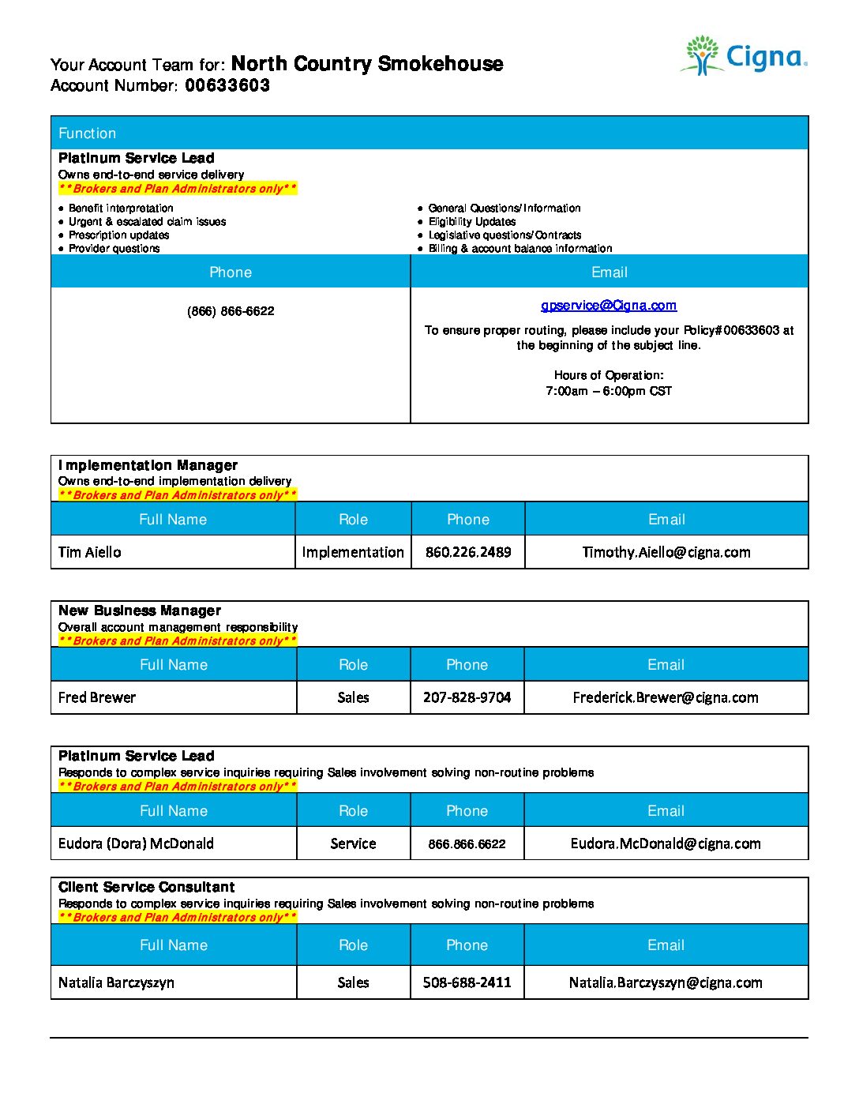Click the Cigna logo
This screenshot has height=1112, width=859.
(743, 56)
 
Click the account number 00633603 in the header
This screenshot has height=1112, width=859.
(227, 85)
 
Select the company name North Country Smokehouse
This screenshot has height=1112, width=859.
(367, 64)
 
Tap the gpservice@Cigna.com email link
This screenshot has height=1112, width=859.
(609, 306)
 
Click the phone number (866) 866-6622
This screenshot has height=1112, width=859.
(231, 311)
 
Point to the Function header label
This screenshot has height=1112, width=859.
(87, 133)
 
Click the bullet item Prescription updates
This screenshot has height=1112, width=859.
(118, 235)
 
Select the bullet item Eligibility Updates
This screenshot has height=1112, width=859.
(471, 222)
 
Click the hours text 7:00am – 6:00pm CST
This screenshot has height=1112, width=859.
(609, 391)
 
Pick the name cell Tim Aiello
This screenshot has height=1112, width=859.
(90, 552)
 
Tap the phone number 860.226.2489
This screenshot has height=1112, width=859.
(468, 552)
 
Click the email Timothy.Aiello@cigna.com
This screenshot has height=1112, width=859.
(666, 552)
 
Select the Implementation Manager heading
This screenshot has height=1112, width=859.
(148, 465)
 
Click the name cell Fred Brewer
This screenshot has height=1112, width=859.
(97, 697)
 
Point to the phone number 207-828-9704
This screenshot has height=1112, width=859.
(467, 697)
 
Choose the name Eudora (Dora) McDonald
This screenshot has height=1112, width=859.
(136, 843)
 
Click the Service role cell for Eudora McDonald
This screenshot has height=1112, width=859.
(353, 843)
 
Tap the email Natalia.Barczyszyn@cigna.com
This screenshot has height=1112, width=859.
(666, 982)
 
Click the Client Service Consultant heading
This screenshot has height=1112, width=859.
(146, 887)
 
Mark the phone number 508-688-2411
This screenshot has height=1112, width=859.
(467, 982)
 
